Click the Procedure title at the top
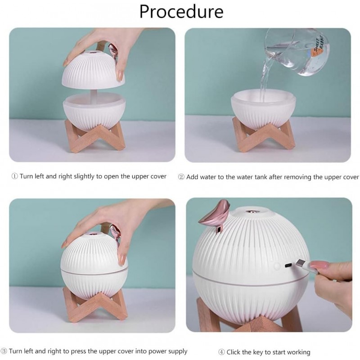click(x=181, y=12)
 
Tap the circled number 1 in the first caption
click(x=14, y=176)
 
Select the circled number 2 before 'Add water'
click(x=181, y=177)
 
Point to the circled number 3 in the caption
click(x=4, y=351)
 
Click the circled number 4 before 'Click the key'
click(x=221, y=352)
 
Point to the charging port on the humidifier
click(x=288, y=265)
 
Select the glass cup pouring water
click(x=297, y=52)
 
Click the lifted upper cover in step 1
click(x=93, y=69)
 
